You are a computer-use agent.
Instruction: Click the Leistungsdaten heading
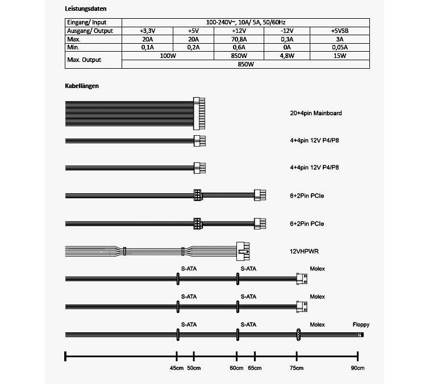point(86,10)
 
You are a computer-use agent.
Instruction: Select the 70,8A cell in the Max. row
point(240,39)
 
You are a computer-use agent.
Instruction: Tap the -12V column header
point(288,31)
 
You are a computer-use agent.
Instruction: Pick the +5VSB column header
point(340,31)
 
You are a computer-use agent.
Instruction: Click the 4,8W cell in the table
point(288,56)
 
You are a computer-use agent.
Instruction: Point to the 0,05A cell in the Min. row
point(340,48)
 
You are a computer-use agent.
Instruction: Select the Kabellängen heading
point(83,86)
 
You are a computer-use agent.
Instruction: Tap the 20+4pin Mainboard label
point(315,113)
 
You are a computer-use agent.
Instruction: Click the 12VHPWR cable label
point(305,250)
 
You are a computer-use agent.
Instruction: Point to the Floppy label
point(361,325)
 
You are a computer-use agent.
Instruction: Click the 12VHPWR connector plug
point(243,250)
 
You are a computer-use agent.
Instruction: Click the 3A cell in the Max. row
point(340,39)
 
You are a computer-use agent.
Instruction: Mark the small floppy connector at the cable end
point(360,335)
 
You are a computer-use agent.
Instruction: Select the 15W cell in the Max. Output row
point(340,56)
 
